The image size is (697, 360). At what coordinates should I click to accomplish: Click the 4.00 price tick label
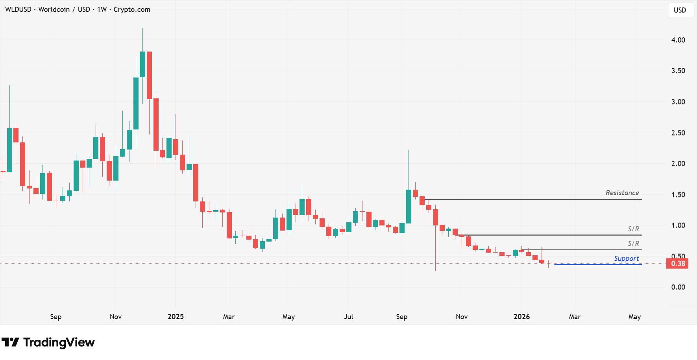point(678,40)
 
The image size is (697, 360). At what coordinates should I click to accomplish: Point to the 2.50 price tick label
point(678,133)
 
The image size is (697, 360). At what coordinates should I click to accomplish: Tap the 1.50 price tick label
point(678,195)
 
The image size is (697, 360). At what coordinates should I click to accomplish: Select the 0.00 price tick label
point(678,287)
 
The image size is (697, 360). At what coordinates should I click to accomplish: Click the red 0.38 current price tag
point(677,264)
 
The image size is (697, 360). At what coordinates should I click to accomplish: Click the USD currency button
point(680,10)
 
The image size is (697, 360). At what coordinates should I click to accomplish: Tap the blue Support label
point(626,258)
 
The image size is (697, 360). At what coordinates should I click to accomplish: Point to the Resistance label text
point(622,193)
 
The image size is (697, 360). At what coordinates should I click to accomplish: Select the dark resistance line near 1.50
point(531,199)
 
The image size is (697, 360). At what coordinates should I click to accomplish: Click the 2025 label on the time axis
point(176,317)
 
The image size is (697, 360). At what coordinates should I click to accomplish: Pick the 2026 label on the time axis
point(521,317)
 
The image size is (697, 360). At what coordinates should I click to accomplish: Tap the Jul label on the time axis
point(348,317)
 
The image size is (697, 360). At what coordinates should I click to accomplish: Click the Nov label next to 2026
point(462,317)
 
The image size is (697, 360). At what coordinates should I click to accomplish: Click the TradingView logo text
point(59,342)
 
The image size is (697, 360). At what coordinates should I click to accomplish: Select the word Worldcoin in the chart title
point(54,9)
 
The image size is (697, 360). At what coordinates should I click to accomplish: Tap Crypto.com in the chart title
point(132,9)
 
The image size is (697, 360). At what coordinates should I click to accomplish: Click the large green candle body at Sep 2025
point(409,207)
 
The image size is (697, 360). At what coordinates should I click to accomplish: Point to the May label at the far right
point(634,317)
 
